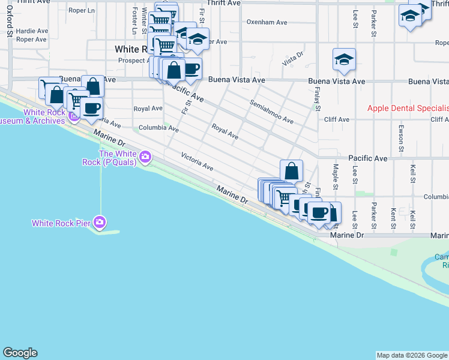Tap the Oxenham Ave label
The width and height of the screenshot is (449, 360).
tap(267, 22)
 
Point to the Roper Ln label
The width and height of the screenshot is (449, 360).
tap(82, 11)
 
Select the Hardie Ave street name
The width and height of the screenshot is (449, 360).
tap(32, 31)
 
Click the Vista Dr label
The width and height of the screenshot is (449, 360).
tap(292, 59)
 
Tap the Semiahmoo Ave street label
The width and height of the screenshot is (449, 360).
tap(272, 112)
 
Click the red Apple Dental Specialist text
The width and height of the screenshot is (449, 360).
tap(408, 108)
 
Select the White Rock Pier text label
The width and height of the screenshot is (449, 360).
tap(61, 224)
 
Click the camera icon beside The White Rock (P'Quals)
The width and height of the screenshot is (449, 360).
tap(145, 157)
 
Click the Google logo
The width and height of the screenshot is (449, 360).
tap(20, 353)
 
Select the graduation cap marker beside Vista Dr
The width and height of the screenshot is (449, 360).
tap(344, 60)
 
